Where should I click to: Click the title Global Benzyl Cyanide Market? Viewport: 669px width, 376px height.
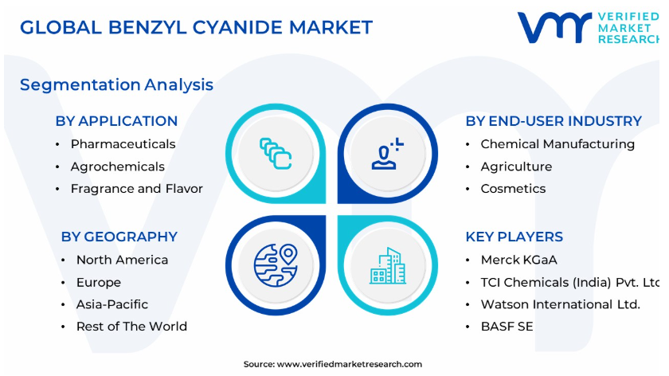click(x=196, y=27)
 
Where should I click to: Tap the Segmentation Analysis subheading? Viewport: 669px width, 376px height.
click(x=116, y=85)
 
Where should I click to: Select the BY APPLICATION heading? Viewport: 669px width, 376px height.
click(x=116, y=121)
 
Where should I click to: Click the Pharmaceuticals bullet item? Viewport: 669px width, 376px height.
click(x=123, y=144)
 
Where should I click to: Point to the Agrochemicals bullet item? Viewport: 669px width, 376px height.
click(x=118, y=166)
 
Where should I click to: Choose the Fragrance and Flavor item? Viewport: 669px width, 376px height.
click(x=137, y=189)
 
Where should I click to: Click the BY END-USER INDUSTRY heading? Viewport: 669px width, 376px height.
click(x=554, y=121)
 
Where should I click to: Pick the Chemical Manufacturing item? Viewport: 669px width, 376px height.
click(x=557, y=144)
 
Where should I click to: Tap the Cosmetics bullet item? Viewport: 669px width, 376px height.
click(x=513, y=189)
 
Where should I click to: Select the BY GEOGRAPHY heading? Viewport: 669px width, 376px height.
click(x=119, y=237)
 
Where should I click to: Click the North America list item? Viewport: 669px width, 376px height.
click(x=123, y=260)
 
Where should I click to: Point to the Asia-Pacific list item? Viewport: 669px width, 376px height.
click(x=112, y=304)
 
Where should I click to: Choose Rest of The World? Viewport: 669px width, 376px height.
click(x=132, y=327)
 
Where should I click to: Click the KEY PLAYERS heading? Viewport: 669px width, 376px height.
click(x=514, y=237)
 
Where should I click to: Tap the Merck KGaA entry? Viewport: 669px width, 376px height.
click(x=518, y=260)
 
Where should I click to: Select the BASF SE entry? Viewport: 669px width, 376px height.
click(x=507, y=327)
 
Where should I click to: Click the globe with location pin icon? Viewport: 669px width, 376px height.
click(x=276, y=265)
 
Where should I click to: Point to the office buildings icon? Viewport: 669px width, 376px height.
click(x=387, y=265)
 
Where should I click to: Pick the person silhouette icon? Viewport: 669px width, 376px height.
click(x=387, y=154)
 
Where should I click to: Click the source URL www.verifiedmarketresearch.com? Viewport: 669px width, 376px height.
click(x=350, y=365)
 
